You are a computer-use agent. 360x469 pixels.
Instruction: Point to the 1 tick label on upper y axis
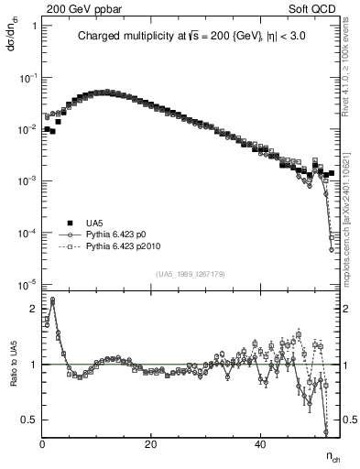(x=34, y=26)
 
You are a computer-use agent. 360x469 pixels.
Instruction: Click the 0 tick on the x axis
(x=43, y=445)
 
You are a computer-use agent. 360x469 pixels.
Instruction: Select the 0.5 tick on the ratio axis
(x=30, y=420)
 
